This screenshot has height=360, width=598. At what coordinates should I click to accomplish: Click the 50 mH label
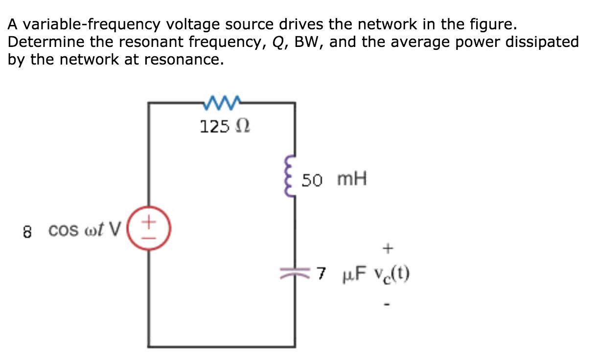(334, 180)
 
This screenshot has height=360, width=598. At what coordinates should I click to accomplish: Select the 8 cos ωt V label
(72, 230)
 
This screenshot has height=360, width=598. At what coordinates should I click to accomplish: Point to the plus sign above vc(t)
(388, 249)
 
